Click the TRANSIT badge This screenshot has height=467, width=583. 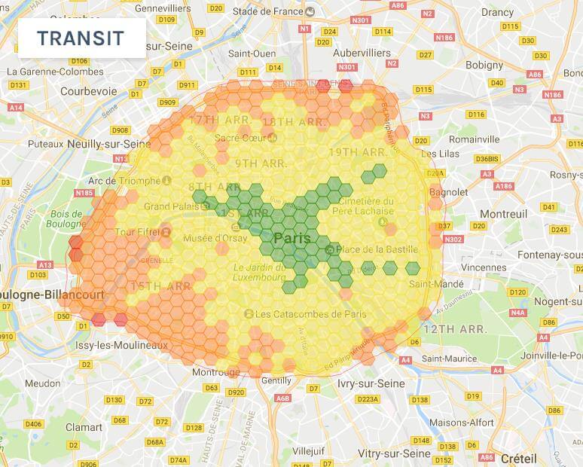[x=81, y=38]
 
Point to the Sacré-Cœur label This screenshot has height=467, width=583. [x=238, y=137]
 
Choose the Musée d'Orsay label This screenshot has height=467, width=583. [x=215, y=239]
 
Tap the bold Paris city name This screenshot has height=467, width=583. [x=292, y=238]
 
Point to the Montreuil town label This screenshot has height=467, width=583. [x=504, y=214]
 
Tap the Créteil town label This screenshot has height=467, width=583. [x=519, y=458]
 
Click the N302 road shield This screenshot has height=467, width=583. [x=454, y=240]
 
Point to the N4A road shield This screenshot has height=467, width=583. [x=517, y=313]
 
